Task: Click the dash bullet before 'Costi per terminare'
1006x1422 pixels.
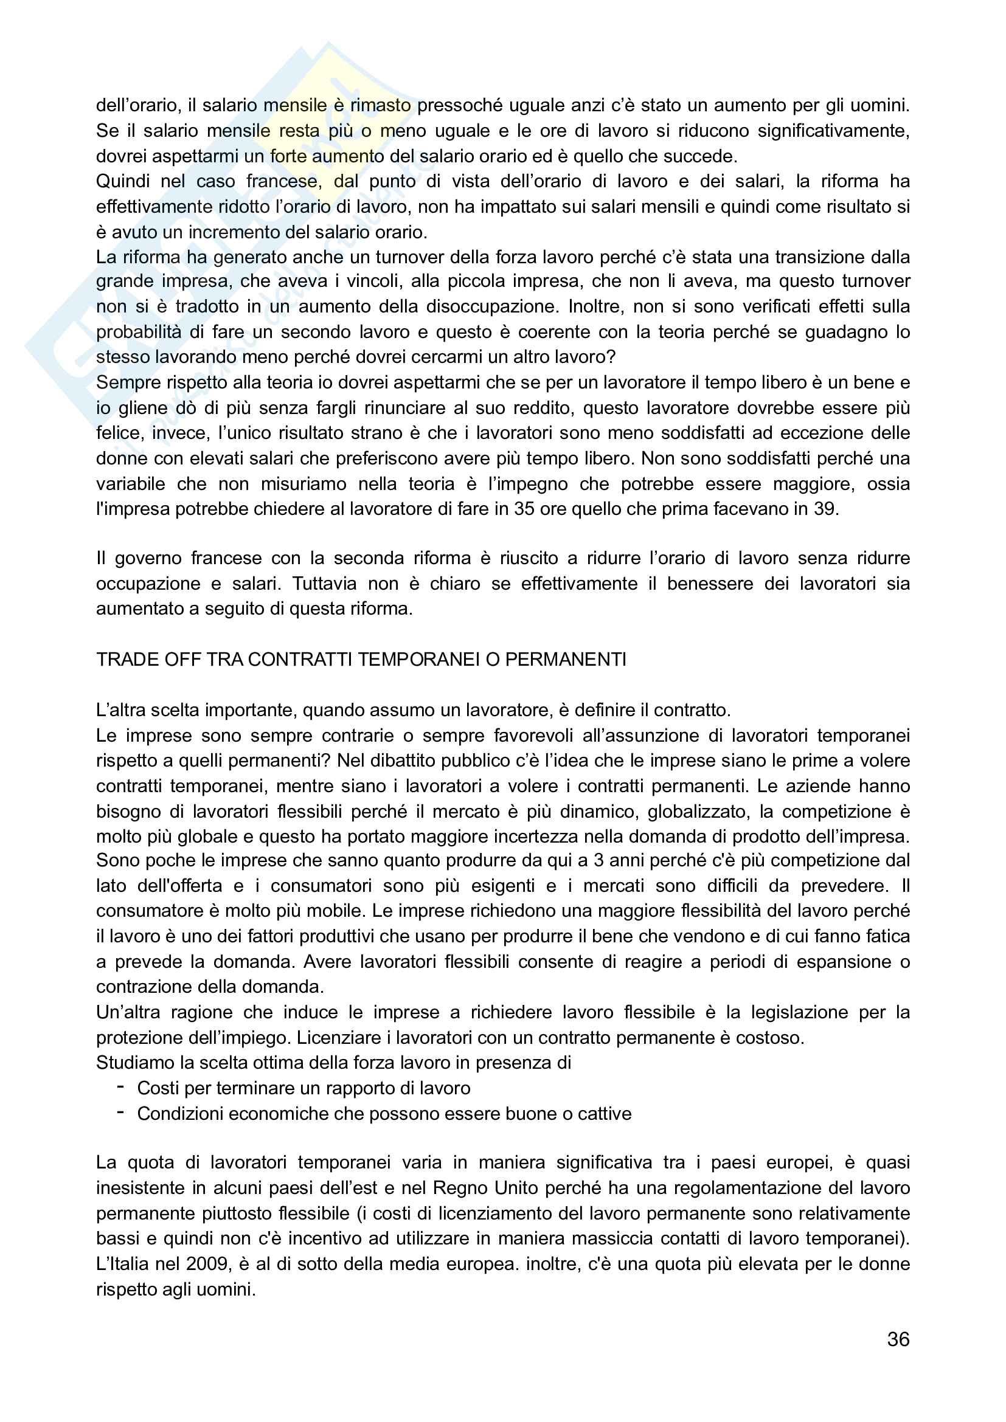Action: [121, 1087]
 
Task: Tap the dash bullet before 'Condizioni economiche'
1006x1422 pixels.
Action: [121, 1113]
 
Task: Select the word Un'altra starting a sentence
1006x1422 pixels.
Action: [127, 1012]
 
